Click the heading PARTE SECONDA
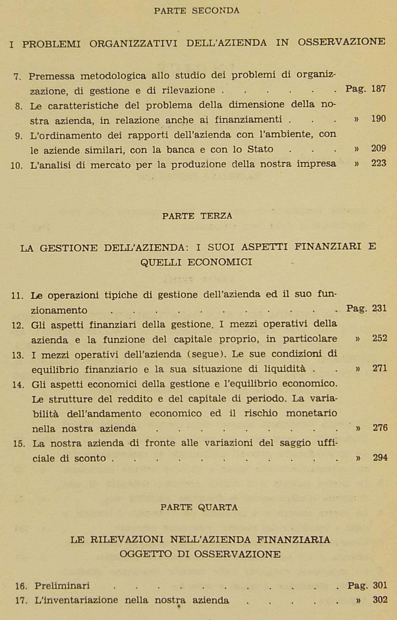click(197, 11)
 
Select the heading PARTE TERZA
click(197, 216)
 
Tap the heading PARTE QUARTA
click(199, 507)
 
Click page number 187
click(378, 89)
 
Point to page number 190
click(378, 119)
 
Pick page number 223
click(379, 164)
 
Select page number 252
click(379, 339)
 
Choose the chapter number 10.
click(16, 166)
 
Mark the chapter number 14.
click(18, 385)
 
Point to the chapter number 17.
click(21, 601)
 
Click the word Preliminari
click(62, 586)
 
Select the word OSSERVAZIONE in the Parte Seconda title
click(341, 42)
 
